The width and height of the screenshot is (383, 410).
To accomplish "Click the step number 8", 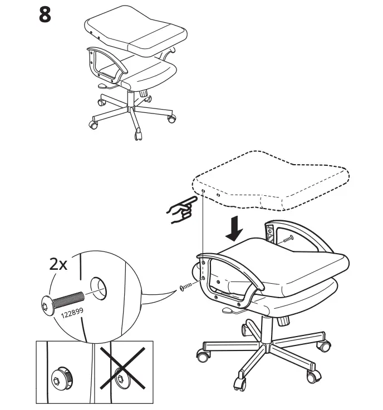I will point(45,15).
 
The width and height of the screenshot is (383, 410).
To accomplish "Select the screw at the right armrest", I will point(287,239).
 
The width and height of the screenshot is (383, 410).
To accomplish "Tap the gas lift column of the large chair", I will point(266,328).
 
